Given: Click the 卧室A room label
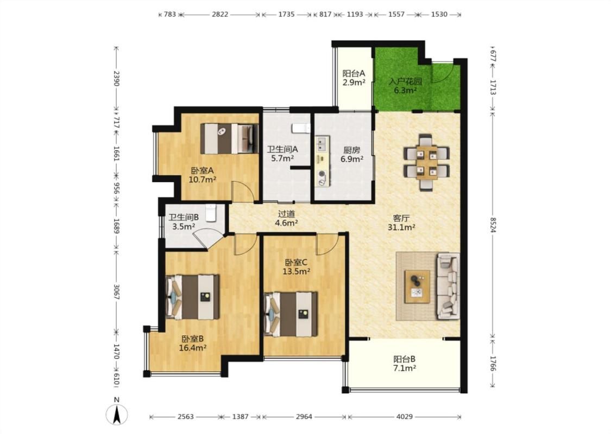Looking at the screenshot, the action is coord(202,170).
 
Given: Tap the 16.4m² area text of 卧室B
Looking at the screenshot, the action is coord(192,348).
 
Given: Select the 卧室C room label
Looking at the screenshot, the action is coord(296,263).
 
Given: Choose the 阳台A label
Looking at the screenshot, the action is coord(354,73).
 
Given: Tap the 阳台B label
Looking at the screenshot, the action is coord(404,359).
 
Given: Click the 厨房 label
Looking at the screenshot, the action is coord(351,150).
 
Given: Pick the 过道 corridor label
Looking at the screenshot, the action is coord(286,214).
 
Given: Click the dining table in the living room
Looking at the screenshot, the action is coord(427,162).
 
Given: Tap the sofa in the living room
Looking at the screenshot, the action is coord(448,286).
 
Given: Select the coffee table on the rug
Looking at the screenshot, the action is coord(417,286).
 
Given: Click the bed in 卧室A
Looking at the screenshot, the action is coord(230,138).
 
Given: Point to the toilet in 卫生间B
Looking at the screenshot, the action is coord(211,213).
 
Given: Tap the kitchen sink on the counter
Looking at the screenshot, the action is coord(322,144).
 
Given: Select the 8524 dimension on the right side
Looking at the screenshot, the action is coord(493,225).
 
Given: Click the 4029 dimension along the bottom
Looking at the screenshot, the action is coord(405,417).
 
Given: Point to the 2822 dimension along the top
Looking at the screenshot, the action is coord(220,15).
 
